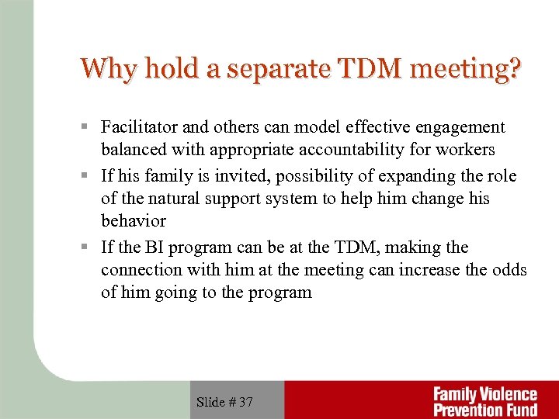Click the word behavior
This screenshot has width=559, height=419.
pyautogui.click(x=134, y=220)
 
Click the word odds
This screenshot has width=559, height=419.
pyautogui.click(x=511, y=269)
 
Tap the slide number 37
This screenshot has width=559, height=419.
pyautogui.click(x=245, y=401)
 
